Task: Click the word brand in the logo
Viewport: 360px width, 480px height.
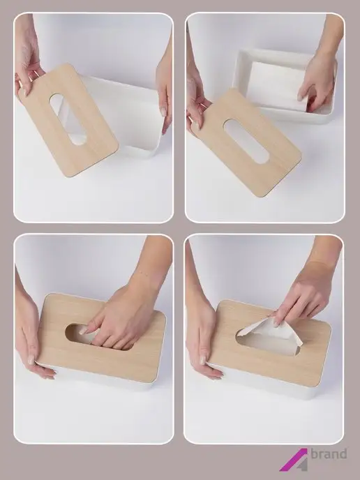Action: click(329, 453)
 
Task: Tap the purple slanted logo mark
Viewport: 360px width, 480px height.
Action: click(293, 460)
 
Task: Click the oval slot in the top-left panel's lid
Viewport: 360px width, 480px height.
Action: click(68, 119)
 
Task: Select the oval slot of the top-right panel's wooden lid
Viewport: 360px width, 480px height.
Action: click(247, 141)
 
